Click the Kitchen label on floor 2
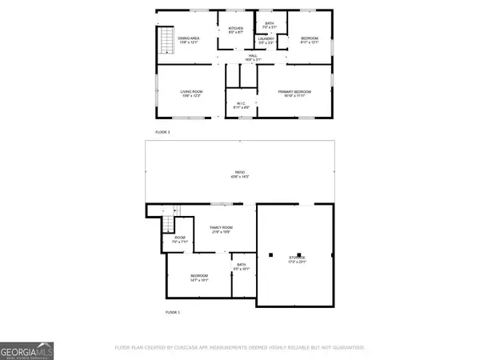click(x=235, y=31)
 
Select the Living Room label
click(x=191, y=94)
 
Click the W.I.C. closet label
click(x=241, y=105)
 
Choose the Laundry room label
click(x=266, y=40)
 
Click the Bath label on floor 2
click(x=269, y=23)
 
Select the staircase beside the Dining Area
click(x=166, y=41)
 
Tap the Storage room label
click(x=297, y=259)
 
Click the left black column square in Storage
click(x=270, y=255)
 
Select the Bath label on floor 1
click(x=241, y=267)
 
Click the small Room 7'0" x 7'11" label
click(x=178, y=238)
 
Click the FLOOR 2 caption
click(x=162, y=131)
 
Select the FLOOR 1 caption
click(x=173, y=312)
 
